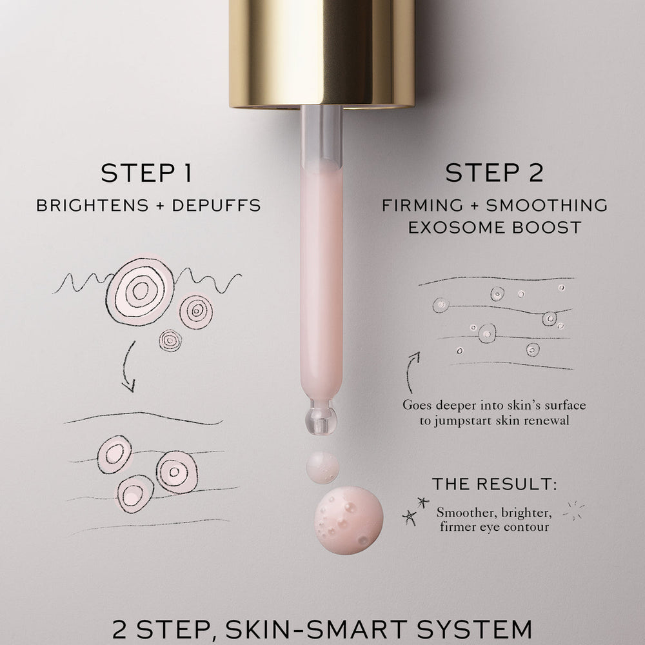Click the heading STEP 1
tap(146, 173)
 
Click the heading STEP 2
tap(495, 173)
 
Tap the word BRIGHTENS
tap(92, 205)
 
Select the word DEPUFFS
tap(216, 205)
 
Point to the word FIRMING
tap(422, 205)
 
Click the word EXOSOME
tap(457, 228)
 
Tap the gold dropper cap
tap(322, 54)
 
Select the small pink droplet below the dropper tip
tap(322, 467)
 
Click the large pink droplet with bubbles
tap(349, 521)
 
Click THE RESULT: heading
tap(495, 484)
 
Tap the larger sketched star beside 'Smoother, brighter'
tap(409, 517)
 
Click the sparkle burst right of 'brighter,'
tap(573, 510)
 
